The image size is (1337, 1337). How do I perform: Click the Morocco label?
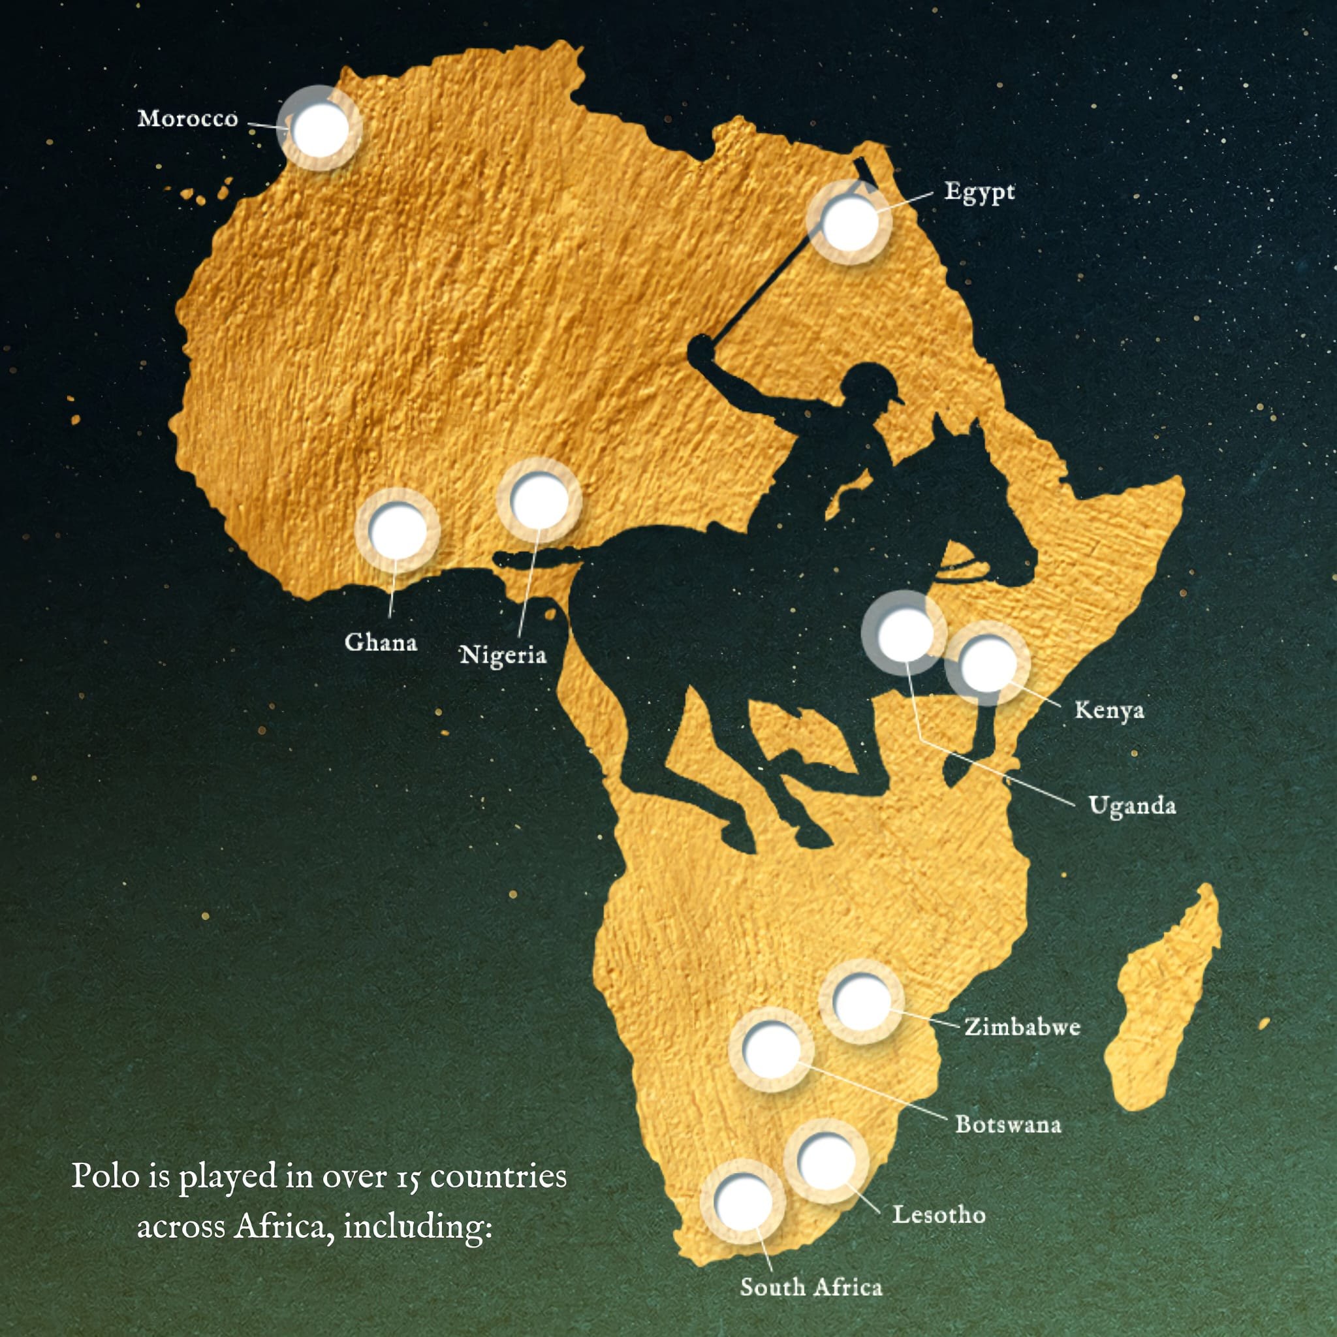(187, 119)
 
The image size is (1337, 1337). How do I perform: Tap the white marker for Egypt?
(849, 223)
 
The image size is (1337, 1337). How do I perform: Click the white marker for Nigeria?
(539, 500)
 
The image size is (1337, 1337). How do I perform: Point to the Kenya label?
(1109, 711)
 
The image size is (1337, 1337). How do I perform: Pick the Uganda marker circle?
(904, 633)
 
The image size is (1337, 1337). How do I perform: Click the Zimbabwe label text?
(1022, 1026)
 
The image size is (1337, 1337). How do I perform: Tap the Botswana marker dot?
(770, 1050)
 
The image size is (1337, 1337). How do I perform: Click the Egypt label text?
(979, 192)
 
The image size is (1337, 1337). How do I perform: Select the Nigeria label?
(503, 655)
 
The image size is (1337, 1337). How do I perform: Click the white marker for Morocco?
(320, 129)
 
